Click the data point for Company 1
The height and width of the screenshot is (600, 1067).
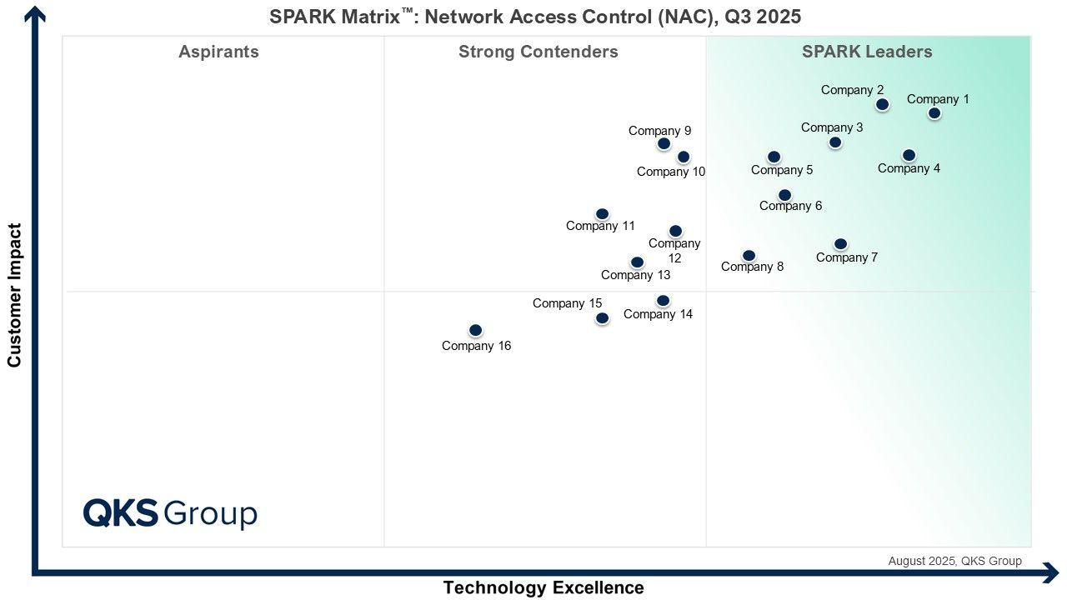point(934,113)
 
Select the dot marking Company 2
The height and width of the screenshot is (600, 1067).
point(882,104)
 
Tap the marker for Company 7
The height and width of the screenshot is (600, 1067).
point(840,244)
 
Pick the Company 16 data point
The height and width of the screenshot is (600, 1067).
point(475,331)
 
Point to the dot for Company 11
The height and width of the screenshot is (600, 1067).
point(602,214)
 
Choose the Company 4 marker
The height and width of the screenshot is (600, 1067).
point(909,155)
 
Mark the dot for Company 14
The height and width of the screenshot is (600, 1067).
point(663,301)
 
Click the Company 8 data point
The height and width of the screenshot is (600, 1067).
point(749,256)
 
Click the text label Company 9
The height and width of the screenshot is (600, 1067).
point(659,131)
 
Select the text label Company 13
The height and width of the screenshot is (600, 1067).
point(635,275)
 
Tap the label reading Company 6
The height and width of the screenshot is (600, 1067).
point(790,206)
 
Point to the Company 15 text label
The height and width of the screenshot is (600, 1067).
point(567,303)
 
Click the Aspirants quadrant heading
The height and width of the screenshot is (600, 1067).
point(218,52)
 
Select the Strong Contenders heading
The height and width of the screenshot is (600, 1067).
point(538,52)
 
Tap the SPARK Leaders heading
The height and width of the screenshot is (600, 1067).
point(867,52)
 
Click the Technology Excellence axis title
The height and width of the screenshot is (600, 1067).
point(544,587)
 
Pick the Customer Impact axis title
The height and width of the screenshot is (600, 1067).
point(14,295)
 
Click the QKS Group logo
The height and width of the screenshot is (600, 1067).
point(170,513)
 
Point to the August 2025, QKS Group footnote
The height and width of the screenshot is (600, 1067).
point(954,561)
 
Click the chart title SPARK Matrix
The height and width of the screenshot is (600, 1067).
point(534,16)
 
